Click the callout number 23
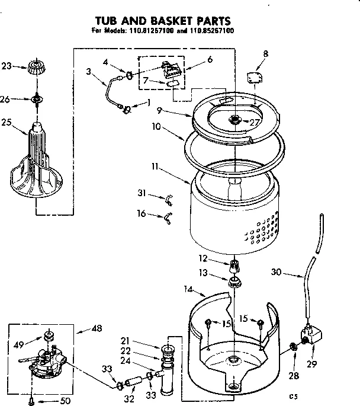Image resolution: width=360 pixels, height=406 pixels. [x=7, y=66]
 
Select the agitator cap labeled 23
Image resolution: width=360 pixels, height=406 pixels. [x=36, y=66]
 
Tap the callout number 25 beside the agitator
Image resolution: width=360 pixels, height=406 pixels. [x=7, y=123]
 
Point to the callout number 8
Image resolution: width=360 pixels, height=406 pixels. [x=265, y=54]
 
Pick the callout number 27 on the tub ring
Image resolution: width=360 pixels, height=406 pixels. [x=255, y=123]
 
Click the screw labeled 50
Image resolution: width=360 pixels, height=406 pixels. [x=32, y=400]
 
